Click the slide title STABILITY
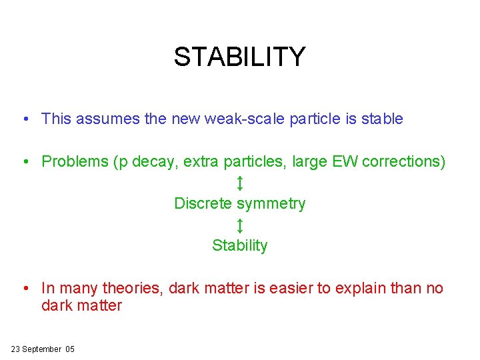coord(239,57)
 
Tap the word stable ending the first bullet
coord(382,119)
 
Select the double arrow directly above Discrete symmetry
coord(240,183)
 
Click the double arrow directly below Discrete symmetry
coord(240,225)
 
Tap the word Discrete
coord(203,203)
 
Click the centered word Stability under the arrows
coord(240,245)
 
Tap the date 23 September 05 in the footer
coord(43,349)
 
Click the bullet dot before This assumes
coord(24,120)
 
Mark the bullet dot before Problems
coord(24,162)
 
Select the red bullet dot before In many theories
coord(24,289)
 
